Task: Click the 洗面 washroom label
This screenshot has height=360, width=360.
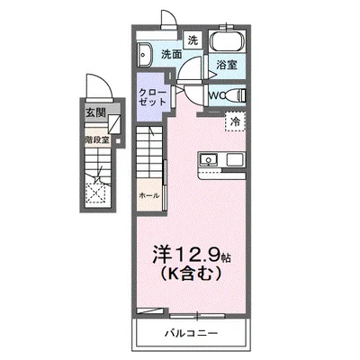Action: coord(171,55)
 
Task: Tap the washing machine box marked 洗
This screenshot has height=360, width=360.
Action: coord(193,40)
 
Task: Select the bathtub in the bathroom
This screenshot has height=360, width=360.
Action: coord(226,42)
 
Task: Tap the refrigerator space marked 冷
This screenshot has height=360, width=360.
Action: coord(235,121)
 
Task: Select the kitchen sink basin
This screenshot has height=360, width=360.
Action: coord(209,161)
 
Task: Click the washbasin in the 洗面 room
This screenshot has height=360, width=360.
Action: coord(148,53)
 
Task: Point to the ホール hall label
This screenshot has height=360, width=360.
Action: coord(148,195)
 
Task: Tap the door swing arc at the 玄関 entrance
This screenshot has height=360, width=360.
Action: coord(103,86)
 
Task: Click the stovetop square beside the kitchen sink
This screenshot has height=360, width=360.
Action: coord(234,160)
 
